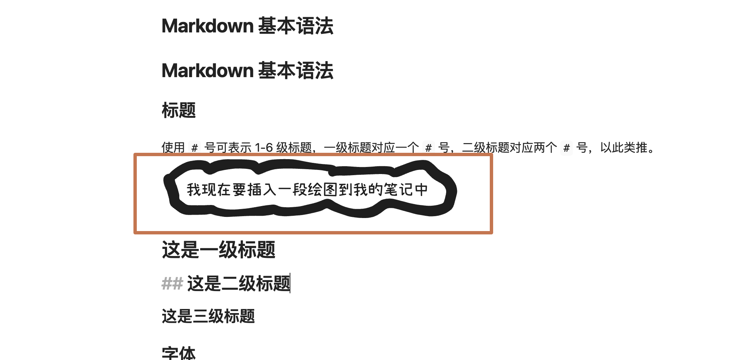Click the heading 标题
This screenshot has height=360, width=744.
click(179, 110)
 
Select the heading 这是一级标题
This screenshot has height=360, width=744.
click(218, 250)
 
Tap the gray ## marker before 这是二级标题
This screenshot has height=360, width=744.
click(172, 284)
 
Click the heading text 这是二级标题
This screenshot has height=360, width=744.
click(239, 284)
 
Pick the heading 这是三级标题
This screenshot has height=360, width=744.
click(208, 316)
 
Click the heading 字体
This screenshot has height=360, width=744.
click(179, 353)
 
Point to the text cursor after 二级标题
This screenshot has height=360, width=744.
click(290, 283)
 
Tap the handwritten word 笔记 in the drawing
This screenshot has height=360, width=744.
click(398, 190)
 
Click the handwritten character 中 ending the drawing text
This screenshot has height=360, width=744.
click(422, 190)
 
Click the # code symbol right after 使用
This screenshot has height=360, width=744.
click(195, 148)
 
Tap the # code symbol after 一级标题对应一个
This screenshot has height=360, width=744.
click(429, 148)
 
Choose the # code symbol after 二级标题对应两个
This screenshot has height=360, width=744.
click(567, 148)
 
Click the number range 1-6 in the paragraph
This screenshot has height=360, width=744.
click(264, 148)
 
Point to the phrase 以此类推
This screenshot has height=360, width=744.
click(624, 148)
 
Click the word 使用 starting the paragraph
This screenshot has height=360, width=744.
click(173, 148)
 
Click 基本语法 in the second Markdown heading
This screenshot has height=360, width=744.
click(296, 71)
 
